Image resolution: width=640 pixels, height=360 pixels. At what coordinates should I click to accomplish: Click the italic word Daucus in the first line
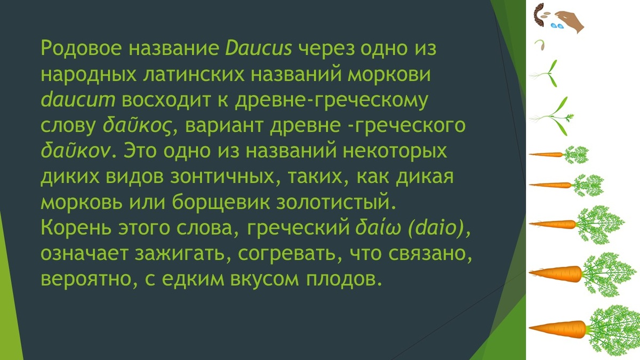coord(259,49)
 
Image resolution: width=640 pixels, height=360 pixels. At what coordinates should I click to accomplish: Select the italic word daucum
coord(77,100)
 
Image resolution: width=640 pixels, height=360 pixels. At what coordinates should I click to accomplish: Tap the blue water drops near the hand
coord(557,25)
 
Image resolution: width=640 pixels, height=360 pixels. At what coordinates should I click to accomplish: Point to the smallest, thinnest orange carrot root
coord(546,155)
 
